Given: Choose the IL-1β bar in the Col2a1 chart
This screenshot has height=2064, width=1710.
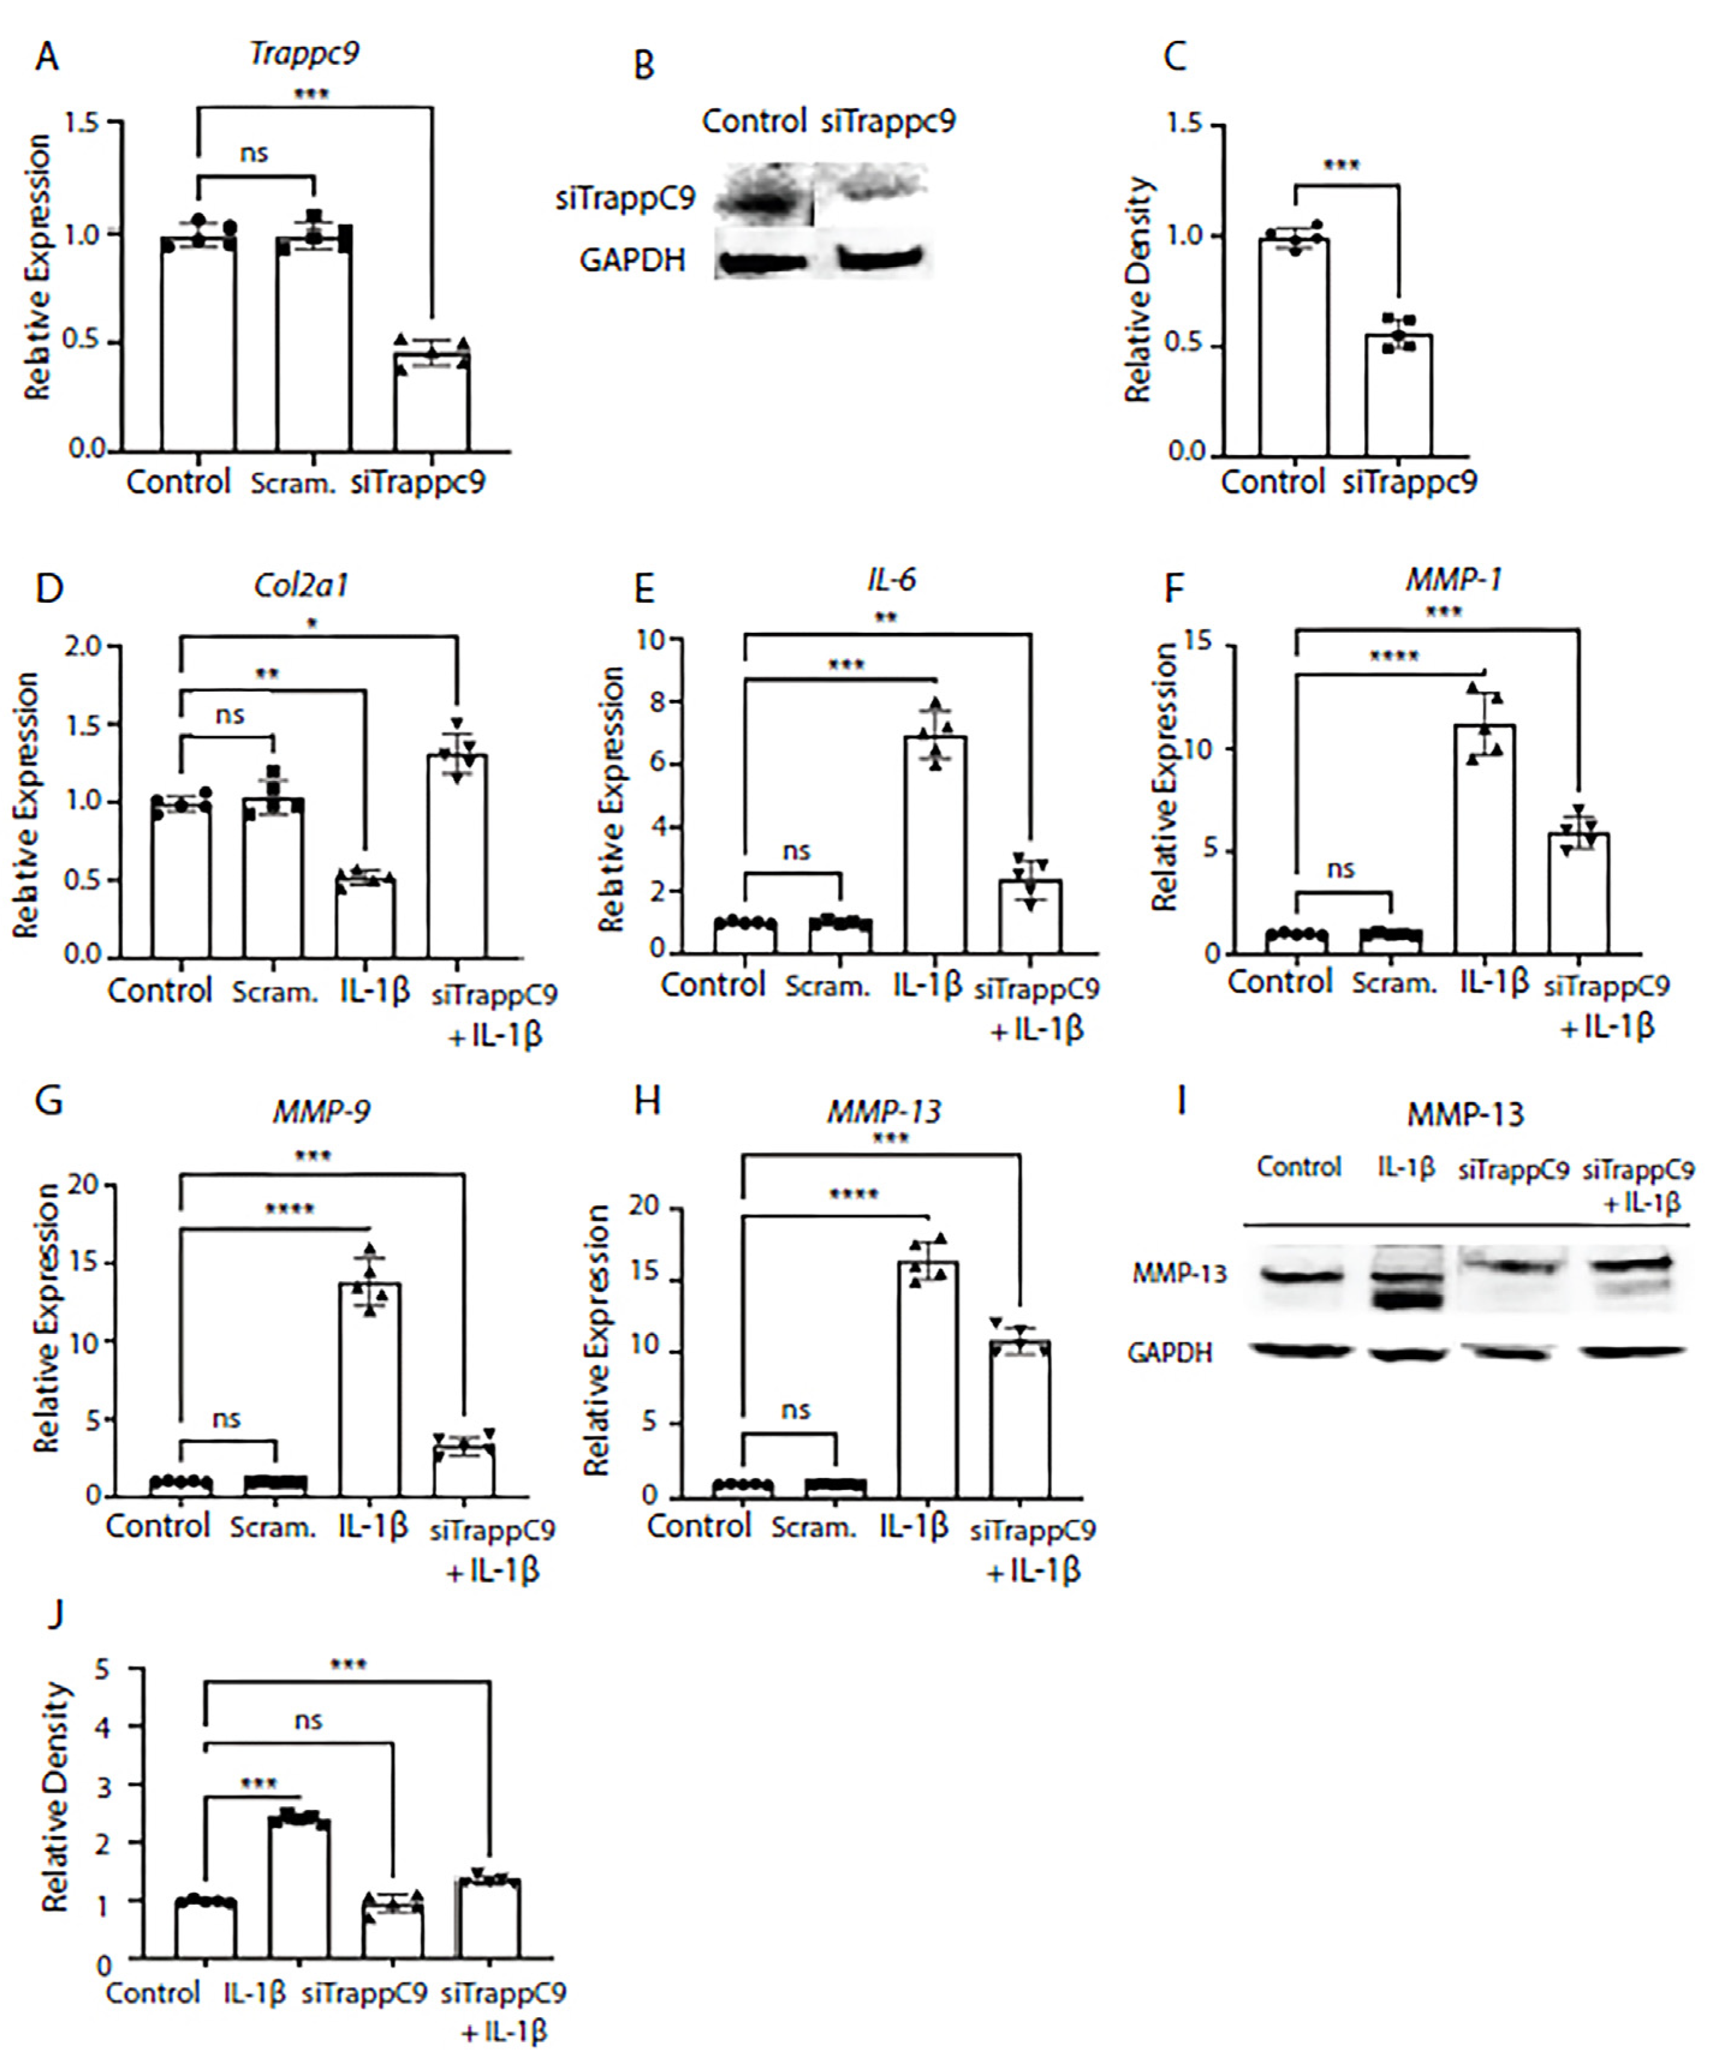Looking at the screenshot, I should (x=365, y=919).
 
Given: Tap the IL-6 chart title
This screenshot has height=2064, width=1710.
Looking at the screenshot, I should (x=892, y=580).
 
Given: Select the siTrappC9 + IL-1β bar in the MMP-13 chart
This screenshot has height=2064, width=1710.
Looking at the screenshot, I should (x=1020, y=1420).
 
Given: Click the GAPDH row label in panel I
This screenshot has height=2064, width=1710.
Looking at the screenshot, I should (x=1169, y=1353).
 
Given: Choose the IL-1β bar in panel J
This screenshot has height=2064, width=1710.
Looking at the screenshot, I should (x=299, y=1887).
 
